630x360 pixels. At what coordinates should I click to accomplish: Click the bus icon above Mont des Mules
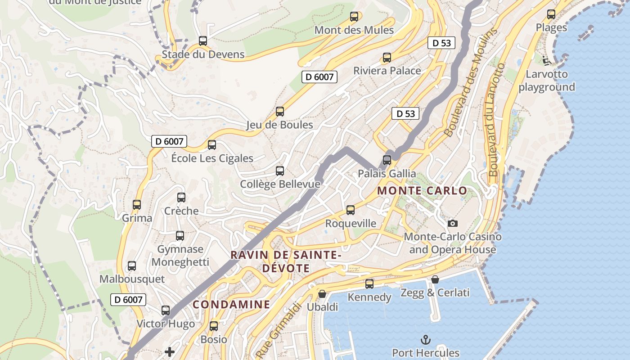354,17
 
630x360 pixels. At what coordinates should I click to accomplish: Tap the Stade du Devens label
203,54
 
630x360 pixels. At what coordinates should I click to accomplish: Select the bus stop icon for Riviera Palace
387,58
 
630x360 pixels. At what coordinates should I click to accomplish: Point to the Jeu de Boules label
279,125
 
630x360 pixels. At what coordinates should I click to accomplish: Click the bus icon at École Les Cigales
212,145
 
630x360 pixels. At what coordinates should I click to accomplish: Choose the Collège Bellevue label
280,184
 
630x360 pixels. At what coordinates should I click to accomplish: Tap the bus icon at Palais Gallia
387,160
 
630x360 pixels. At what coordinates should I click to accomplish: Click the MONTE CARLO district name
422,191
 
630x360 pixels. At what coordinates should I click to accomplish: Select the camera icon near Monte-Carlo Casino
452,223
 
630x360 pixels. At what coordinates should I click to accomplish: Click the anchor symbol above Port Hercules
425,339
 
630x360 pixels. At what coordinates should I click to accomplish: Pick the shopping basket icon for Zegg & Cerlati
435,279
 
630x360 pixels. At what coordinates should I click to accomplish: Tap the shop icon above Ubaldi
322,294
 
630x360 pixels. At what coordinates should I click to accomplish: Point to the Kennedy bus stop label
369,297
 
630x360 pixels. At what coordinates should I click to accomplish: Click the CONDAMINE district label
231,305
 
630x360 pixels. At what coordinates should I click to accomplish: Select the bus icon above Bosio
214,326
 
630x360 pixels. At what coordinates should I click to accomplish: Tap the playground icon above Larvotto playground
546,60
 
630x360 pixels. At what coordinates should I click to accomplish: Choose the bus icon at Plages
551,14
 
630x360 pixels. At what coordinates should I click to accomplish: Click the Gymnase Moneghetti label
180,256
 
